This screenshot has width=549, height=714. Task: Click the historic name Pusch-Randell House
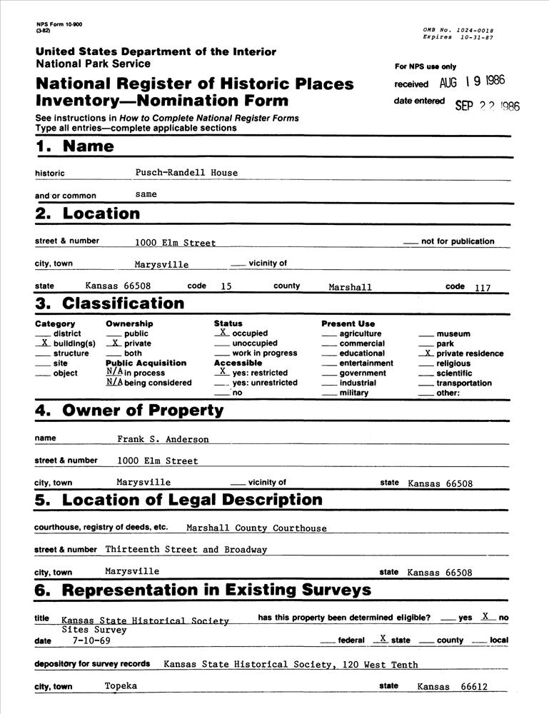pos(186,173)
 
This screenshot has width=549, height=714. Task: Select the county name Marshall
pos(351,287)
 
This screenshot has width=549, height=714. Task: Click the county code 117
pos(482,287)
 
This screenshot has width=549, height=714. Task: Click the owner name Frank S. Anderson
pos(163,439)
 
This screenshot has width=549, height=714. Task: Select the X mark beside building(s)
pos(45,343)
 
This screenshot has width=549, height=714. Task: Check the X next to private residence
pos(428,353)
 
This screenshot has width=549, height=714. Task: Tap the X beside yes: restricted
pos(223,372)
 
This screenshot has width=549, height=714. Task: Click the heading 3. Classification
pos(109,303)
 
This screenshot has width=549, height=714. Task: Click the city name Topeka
pos(121,685)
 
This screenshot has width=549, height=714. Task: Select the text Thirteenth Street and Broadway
pos(186,550)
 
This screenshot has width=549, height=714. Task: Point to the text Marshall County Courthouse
pos(256,528)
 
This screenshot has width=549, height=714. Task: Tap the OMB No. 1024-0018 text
pos(458,30)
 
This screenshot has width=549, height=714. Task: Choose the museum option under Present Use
pos(453,333)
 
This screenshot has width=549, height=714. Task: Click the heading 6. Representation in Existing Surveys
pos(203,590)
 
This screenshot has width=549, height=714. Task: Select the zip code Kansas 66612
pos(452,687)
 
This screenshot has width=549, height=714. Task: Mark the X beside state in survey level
pos(383,638)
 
